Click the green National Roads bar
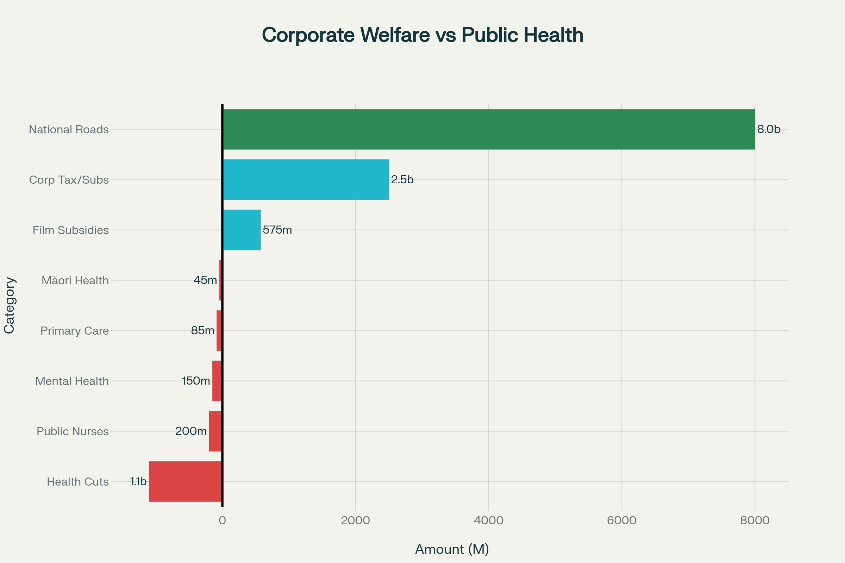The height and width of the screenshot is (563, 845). (x=489, y=129)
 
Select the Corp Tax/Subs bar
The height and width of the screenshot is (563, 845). (x=306, y=179)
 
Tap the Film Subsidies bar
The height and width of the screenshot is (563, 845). (x=242, y=230)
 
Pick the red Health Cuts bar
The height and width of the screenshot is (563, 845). (x=185, y=481)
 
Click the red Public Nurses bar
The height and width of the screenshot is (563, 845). (x=215, y=431)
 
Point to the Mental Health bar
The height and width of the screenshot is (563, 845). (x=217, y=381)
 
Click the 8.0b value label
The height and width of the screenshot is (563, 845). (x=769, y=129)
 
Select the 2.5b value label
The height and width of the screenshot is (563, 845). (x=402, y=179)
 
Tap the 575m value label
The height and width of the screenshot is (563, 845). (x=277, y=230)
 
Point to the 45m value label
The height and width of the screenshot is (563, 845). (x=205, y=280)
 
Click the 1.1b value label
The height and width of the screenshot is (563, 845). (x=138, y=481)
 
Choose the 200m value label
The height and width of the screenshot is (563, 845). (x=191, y=431)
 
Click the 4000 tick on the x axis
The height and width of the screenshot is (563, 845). (x=489, y=520)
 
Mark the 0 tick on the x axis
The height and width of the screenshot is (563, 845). (x=223, y=520)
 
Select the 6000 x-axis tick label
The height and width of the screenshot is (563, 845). (x=621, y=520)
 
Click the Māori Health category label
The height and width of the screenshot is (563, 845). (x=75, y=280)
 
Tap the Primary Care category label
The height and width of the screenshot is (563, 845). (x=74, y=331)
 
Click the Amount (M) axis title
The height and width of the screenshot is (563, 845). (x=452, y=549)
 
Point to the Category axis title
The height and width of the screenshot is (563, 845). (x=10, y=305)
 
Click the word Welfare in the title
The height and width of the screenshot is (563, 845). (x=395, y=35)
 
